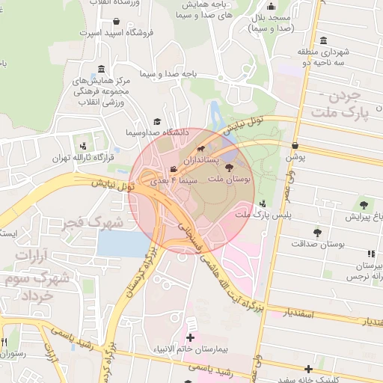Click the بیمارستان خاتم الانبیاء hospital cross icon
[190, 338]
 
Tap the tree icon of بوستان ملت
[229, 168]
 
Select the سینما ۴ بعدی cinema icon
[174, 169]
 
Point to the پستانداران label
[197, 160]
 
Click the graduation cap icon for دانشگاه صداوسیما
[157, 121]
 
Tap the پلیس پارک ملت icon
[262, 203]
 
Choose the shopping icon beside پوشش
[295, 146]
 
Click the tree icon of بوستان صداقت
[317, 233]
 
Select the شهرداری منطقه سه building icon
[322, 41]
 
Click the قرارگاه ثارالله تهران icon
[82, 146]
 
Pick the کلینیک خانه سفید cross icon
[308, 369]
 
